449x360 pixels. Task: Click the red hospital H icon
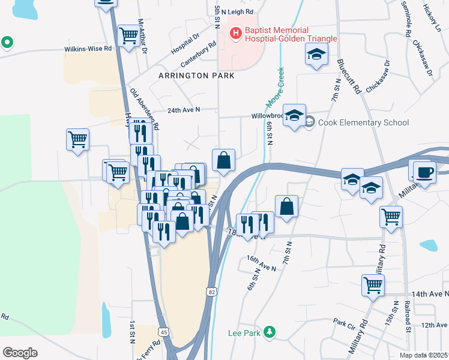[x=236, y=31]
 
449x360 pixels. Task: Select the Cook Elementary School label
[x=363, y=122]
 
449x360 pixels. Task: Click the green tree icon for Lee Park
[x=270, y=332]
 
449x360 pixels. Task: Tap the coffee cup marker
[x=424, y=172]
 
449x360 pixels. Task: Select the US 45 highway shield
[x=163, y=331]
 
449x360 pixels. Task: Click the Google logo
[x=20, y=352]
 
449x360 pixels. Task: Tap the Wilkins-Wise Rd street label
[x=89, y=49]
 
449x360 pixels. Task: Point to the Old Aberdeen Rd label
[x=145, y=109]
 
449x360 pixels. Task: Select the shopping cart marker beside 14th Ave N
[x=373, y=284]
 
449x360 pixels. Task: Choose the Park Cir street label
[x=345, y=323]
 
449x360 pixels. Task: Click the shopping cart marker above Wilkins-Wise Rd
[x=128, y=35]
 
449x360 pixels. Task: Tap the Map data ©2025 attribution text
[x=424, y=355]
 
